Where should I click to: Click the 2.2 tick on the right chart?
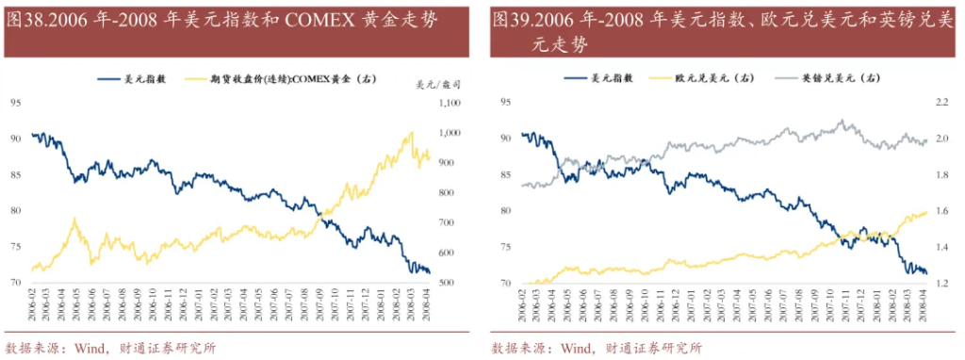[941, 101]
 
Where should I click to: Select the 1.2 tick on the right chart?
[941, 283]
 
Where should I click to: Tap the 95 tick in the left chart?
[16, 101]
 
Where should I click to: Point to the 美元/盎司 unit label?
[433, 84]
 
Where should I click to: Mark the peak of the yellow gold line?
[412, 133]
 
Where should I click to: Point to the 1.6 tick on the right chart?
[941, 210]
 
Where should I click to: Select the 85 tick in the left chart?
[16, 173]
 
